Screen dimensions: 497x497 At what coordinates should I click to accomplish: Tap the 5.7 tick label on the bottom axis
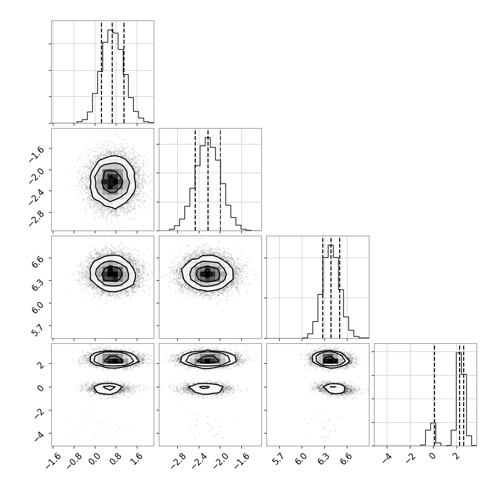pyautogui.click(x=278, y=459)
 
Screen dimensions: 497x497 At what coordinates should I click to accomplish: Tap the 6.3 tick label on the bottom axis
pyautogui.click(x=323, y=459)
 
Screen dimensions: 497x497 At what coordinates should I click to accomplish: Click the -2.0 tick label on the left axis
pyautogui.click(x=36, y=175)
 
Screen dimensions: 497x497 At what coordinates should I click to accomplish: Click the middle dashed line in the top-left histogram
pyautogui.click(x=112, y=72)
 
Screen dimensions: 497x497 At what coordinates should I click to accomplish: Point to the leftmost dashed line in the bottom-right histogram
pyautogui.click(x=434, y=395)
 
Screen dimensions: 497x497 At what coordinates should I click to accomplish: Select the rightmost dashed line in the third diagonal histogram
pyautogui.click(x=340, y=287)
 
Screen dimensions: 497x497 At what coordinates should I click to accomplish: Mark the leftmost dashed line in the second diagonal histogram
pyautogui.click(x=195, y=180)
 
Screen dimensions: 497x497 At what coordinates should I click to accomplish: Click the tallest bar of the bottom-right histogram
pyautogui.click(x=459, y=399)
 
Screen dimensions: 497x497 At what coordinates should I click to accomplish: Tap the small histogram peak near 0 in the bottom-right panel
pyautogui.click(x=433, y=434)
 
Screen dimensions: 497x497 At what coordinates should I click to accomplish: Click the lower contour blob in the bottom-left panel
pyautogui.click(x=108, y=388)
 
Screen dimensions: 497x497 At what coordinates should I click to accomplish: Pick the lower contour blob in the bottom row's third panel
pyautogui.click(x=334, y=388)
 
